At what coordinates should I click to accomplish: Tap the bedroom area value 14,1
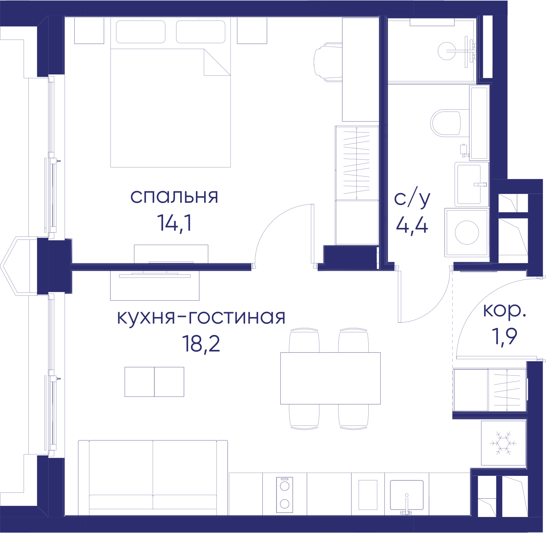(x=174, y=223)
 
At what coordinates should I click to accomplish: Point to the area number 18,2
(x=201, y=344)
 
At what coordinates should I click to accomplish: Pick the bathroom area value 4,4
(x=412, y=226)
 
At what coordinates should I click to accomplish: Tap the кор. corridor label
(x=504, y=311)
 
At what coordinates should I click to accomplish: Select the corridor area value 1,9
(x=504, y=337)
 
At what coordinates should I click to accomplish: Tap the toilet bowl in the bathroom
(x=446, y=123)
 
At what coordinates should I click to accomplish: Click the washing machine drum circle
(x=467, y=232)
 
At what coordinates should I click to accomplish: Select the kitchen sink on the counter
(x=406, y=495)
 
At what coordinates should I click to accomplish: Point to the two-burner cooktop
(x=284, y=495)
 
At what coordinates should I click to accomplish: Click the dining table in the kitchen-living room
(x=330, y=378)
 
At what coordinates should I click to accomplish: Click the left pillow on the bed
(x=141, y=32)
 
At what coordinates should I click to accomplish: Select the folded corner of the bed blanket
(x=217, y=62)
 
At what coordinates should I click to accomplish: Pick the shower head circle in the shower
(x=447, y=51)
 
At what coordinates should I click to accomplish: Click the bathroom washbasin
(x=472, y=184)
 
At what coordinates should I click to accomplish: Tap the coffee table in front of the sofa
(x=154, y=382)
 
